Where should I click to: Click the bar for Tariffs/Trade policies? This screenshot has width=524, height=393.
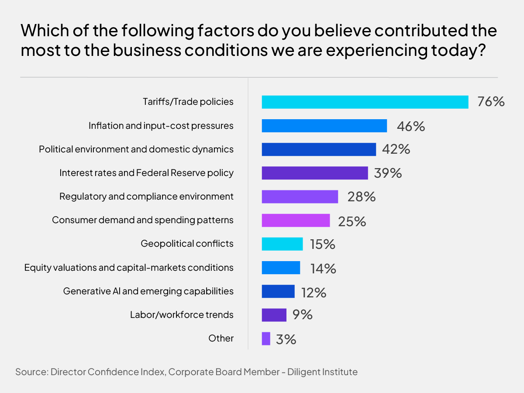(x=365, y=102)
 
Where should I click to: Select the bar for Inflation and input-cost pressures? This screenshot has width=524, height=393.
(x=324, y=126)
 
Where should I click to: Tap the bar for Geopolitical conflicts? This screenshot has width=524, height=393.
(x=282, y=244)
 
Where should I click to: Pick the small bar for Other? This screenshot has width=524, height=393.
(x=266, y=338)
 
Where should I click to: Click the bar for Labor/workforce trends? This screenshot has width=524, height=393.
(x=274, y=315)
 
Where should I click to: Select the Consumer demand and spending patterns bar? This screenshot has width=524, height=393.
(x=296, y=220)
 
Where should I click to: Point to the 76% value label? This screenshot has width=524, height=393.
(x=491, y=102)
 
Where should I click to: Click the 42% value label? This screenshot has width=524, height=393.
(x=396, y=149)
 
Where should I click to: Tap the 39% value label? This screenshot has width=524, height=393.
(x=388, y=173)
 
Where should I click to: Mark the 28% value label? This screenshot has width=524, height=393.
(x=362, y=196)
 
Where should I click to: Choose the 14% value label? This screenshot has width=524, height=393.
(x=323, y=268)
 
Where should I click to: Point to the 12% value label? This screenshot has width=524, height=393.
(x=313, y=291)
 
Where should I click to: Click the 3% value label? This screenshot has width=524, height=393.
(x=286, y=339)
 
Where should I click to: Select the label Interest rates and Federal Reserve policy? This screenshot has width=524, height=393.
(x=146, y=173)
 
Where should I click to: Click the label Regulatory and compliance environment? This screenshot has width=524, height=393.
(x=146, y=196)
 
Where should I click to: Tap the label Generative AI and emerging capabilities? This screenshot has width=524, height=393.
(x=148, y=291)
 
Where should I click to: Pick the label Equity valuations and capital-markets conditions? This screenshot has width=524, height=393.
(x=129, y=268)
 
